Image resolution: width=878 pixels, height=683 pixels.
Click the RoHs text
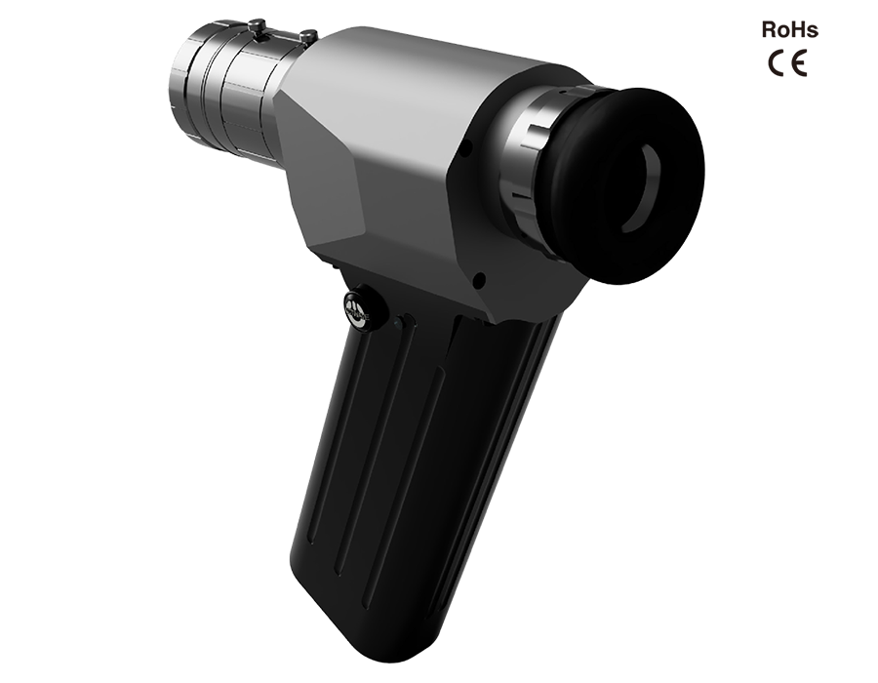click(789, 29)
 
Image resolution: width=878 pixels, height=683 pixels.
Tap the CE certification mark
click(787, 62)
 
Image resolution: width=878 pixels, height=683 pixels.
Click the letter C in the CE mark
click(777, 62)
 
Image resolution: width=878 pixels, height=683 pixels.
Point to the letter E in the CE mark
click(799, 62)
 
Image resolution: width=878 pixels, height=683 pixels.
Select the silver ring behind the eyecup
click(532, 168)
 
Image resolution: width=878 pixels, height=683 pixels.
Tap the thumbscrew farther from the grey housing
click(256, 25)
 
